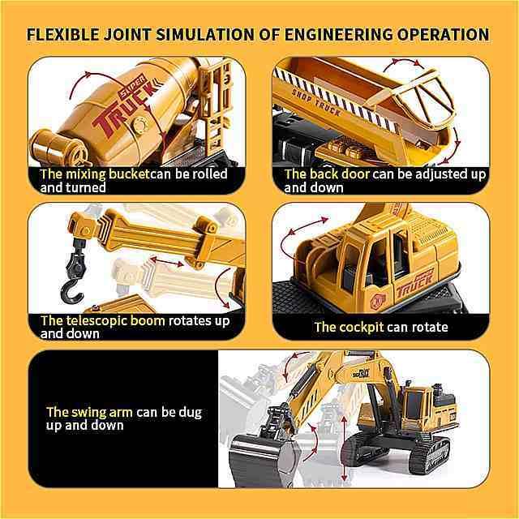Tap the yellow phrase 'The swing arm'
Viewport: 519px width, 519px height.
click(x=89, y=412)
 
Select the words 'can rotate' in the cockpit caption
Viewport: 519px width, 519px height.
click(x=417, y=327)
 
